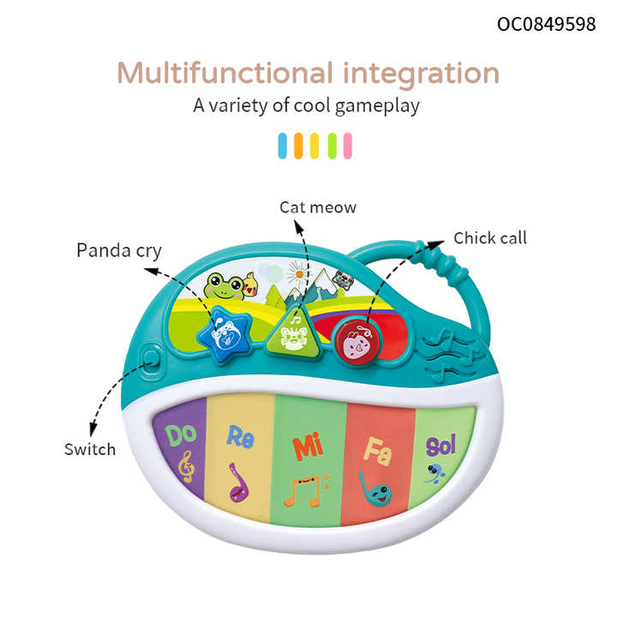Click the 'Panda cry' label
119,250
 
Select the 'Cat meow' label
318,207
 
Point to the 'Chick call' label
490,237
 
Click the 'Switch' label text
90,449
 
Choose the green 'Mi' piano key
306,467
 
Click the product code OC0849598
546,23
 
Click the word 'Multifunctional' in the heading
225,73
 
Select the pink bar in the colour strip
348,146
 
